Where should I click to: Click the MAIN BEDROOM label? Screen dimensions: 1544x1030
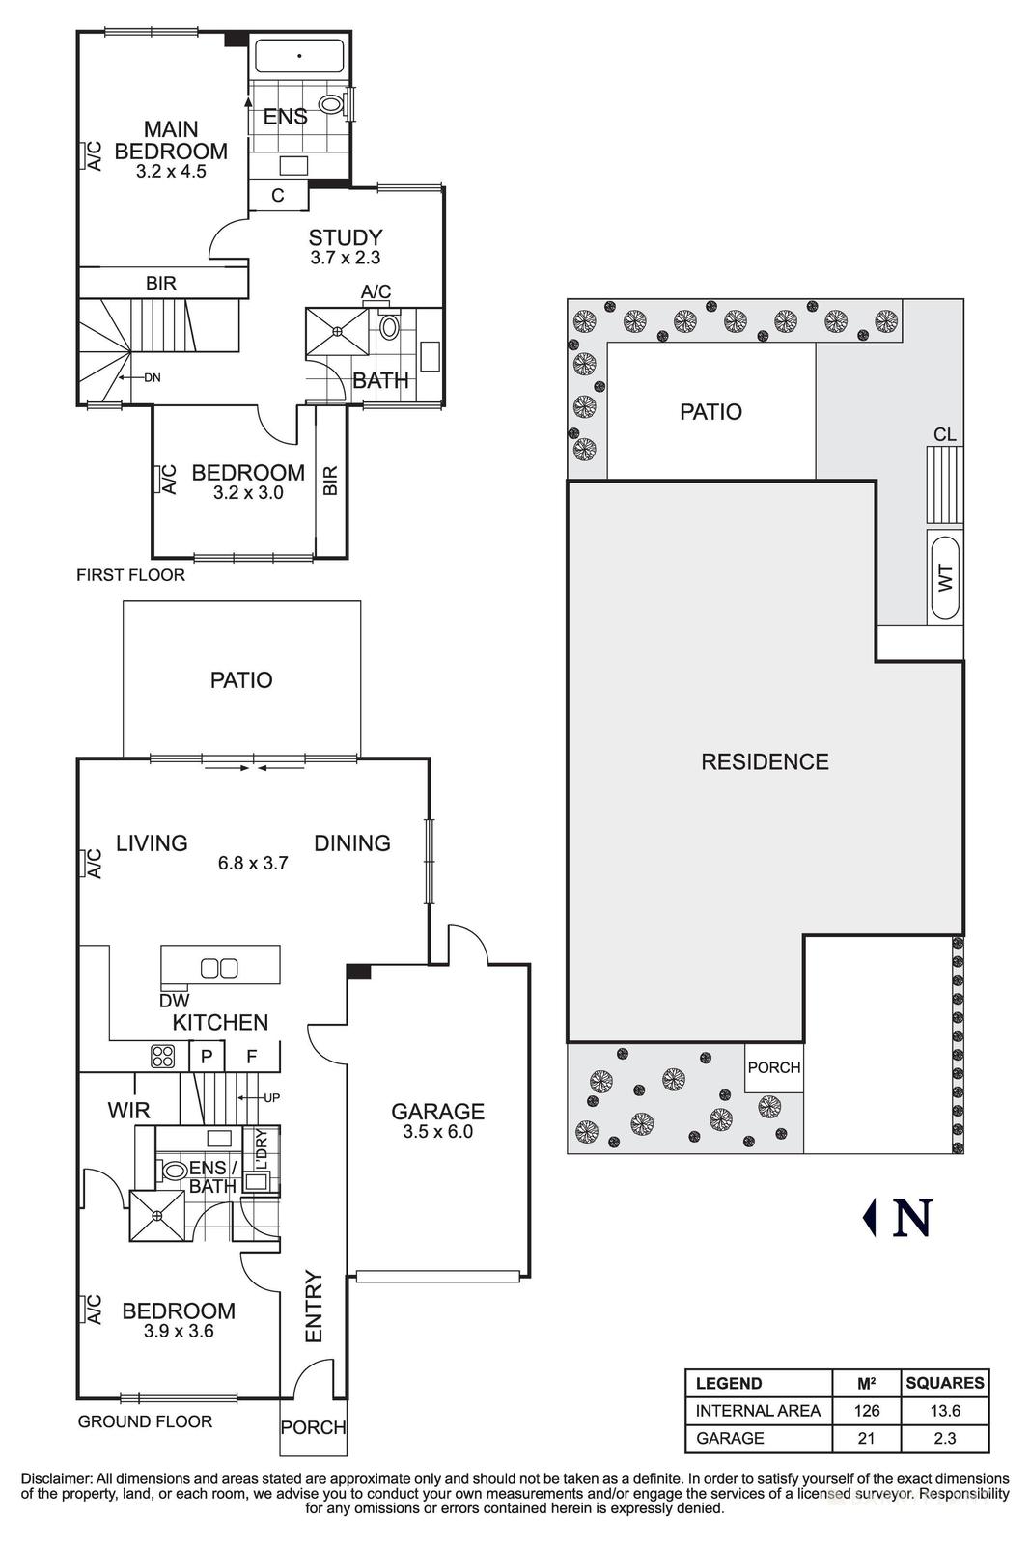[x=171, y=140]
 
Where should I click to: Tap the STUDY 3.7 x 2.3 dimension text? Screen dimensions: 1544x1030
[x=346, y=259]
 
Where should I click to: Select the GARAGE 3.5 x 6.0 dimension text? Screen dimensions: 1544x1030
[x=437, y=1132]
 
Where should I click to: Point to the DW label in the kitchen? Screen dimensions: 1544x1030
[x=175, y=1001]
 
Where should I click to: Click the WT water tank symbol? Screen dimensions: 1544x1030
[x=945, y=577]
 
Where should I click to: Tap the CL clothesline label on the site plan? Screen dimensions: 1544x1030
[x=944, y=435]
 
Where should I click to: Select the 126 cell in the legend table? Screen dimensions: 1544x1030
[x=866, y=1411]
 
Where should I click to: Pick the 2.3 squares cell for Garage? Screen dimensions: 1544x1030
[x=944, y=1438]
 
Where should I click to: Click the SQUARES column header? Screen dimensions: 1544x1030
[x=944, y=1383]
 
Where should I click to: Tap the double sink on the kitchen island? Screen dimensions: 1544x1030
[x=218, y=967]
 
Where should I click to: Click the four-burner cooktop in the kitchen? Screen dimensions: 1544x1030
[x=162, y=1056]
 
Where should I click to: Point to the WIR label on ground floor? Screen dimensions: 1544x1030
[x=128, y=1111]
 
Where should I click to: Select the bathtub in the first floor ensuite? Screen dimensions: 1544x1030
[x=299, y=57]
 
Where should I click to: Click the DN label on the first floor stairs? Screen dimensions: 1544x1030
[x=152, y=377]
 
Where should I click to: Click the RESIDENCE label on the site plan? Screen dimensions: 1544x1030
[x=765, y=762]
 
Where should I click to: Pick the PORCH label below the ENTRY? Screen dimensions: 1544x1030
[x=313, y=1427]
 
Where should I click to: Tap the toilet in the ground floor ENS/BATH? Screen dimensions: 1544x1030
[x=174, y=1170]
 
